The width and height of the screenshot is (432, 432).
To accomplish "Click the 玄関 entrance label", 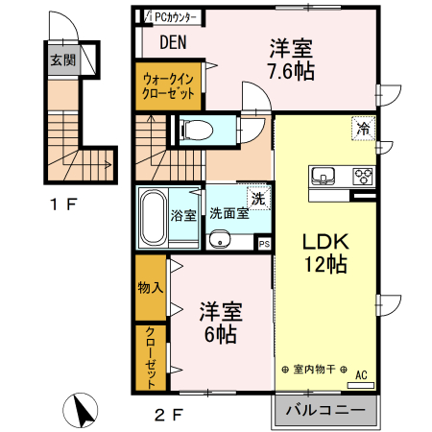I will [60, 60].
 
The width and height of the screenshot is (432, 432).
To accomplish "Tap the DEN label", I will [172, 42].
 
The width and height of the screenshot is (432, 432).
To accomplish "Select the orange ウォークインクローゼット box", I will [169, 86].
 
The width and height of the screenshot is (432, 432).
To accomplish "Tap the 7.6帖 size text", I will [291, 70].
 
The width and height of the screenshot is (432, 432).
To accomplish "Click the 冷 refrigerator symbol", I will [363, 128].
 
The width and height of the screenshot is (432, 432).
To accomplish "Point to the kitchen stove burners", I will [363, 176].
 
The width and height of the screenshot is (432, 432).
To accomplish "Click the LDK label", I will [320, 241].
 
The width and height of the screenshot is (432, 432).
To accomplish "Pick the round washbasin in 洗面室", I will [219, 242].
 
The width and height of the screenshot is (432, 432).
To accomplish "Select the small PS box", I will [264, 245].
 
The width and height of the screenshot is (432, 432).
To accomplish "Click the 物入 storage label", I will [150, 286].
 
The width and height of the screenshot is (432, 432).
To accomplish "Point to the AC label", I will [361, 374].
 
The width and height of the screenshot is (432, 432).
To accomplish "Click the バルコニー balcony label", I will [324, 411].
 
